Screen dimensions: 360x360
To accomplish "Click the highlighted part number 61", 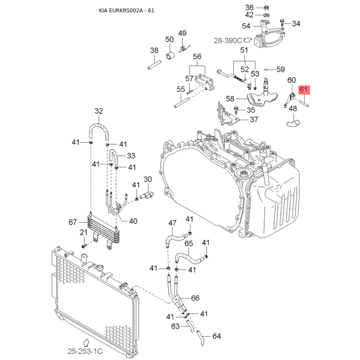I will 303,90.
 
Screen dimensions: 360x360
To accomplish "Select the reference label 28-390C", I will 228,40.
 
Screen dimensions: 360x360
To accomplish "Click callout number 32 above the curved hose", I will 99,111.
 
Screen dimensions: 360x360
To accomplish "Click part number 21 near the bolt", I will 83,232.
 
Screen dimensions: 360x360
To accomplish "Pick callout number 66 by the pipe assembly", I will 195,298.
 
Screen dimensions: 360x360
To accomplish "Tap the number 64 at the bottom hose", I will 216,336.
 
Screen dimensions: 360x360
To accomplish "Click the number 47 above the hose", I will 173,223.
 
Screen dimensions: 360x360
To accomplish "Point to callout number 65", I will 189,243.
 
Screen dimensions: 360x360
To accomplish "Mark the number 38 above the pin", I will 154,50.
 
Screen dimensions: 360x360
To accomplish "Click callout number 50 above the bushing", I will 169,40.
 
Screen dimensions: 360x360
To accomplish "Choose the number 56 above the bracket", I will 197,56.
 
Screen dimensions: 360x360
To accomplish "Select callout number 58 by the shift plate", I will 230,99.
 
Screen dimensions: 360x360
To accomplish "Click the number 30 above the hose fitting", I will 148,180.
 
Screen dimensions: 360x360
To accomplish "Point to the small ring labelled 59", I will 267,69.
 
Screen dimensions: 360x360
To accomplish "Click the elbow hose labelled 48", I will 292,120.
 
